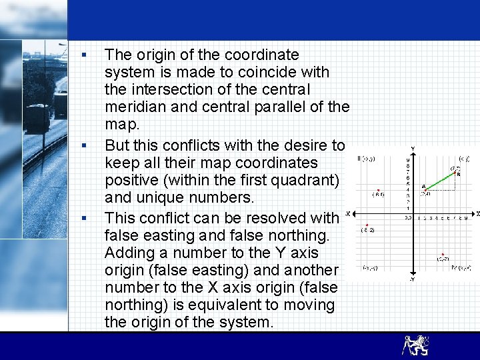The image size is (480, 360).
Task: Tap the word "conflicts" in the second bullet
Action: coord(197,145)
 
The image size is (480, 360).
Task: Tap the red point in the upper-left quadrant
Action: coord(379,190)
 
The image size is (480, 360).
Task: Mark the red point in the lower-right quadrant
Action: coord(443,254)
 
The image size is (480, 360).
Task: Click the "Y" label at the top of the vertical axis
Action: coord(413,148)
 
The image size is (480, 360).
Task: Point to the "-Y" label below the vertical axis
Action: coord(413,279)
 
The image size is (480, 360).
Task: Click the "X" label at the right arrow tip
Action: coord(477,213)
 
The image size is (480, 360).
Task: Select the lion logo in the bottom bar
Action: coord(415,345)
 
